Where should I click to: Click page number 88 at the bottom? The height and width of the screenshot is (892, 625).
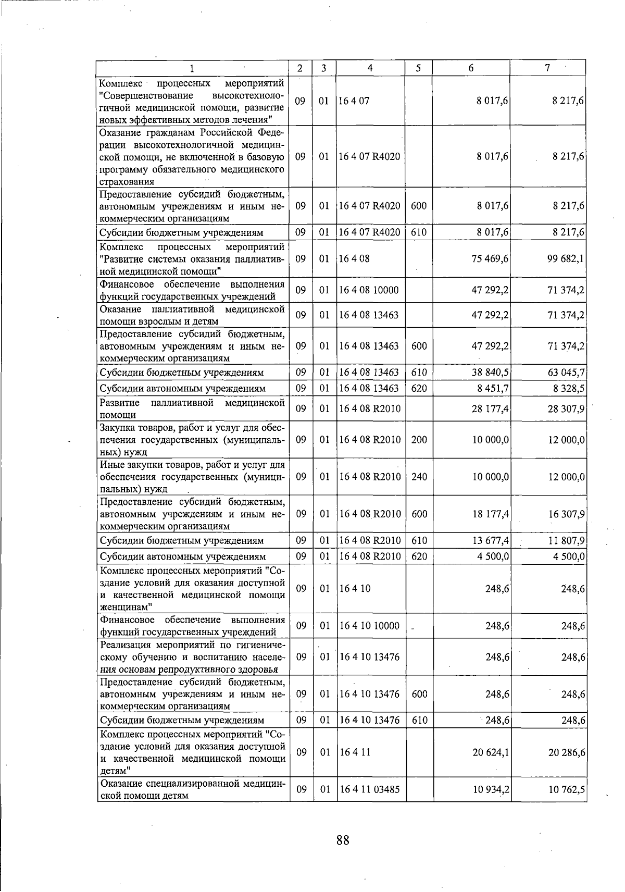tap(342, 840)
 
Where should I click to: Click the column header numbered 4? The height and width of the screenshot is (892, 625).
tap(370, 68)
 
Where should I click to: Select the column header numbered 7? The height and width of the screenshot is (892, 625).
tap(547, 68)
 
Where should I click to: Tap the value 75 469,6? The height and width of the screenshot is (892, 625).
tap(490, 258)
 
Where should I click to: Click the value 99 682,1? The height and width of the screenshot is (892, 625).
tap(566, 258)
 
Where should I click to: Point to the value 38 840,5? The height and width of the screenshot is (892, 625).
tap(490, 373)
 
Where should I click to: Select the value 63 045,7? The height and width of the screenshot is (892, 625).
tap(566, 373)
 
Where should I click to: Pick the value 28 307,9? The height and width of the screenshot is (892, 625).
tap(566, 409)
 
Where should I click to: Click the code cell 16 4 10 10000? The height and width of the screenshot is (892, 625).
tap(369, 626)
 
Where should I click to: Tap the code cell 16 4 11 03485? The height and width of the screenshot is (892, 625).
tap(369, 789)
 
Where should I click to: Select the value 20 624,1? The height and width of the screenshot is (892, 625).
tap(490, 752)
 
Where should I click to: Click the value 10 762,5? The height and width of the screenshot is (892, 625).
tap(566, 789)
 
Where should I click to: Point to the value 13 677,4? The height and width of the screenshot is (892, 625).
tap(490, 540)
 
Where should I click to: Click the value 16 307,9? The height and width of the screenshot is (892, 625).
tap(566, 514)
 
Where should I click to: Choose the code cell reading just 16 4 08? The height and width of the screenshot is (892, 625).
tap(355, 258)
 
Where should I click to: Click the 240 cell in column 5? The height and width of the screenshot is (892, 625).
tap(419, 477)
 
